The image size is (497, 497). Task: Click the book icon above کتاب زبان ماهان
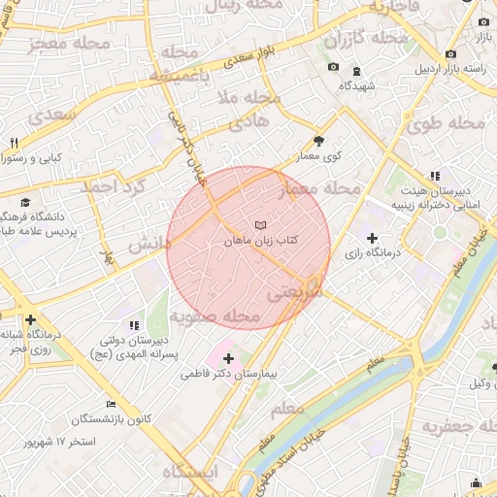[x=259, y=225]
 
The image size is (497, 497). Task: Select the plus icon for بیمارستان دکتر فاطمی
[x=228, y=358]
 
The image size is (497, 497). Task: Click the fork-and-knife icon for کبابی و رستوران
[x=14, y=143]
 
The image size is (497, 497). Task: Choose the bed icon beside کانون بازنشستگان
[x=111, y=404]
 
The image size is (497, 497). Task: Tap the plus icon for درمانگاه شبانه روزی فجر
[x=31, y=318]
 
